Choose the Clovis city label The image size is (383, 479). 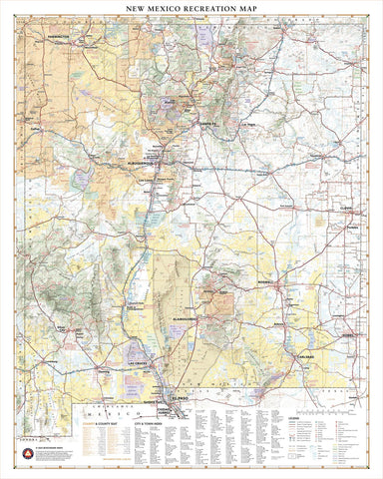point(346,207)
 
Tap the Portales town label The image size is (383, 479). point(350,229)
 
